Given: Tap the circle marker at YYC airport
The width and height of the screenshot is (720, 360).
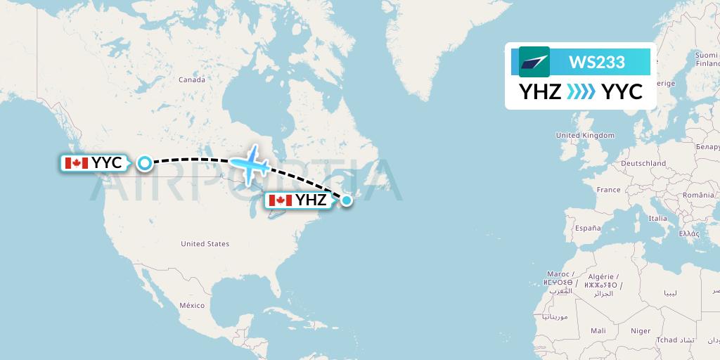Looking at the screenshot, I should pyautogui.click(x=144, y=163).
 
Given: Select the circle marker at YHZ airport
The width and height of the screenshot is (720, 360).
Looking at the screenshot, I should pyautogui.click(x=347, y=201).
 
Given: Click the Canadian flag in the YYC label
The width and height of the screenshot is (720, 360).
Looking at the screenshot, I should pyautogui.click(x=75, y=163).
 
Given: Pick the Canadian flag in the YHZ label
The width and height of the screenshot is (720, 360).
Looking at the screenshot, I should pyautogui.click(x=280, y=200).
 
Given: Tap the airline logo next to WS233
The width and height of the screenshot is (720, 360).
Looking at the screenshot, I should pyautogui.click(x=534, y=62).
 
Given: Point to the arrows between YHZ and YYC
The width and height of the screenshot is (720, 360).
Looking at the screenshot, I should pyautogui.click(x=581, y=91).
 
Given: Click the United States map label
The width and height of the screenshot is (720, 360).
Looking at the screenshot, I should pyautogui.click(x=205, y=244).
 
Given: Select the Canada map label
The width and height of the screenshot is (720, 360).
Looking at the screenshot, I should pyautogui.click(x=191, y=80).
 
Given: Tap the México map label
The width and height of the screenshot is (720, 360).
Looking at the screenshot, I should pyautogui.click(x=191, y=305).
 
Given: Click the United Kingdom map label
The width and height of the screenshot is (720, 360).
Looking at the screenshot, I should pyautogui.click(x=584, y=135).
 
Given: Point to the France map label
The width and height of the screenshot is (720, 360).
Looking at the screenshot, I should pyautogui.click(x=608, y=190).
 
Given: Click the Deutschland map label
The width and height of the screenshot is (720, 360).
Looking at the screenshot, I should pyautogui.click(x=643, y=163).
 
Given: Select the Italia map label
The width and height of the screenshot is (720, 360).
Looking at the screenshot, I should pyautogui.click(x=657, y=219).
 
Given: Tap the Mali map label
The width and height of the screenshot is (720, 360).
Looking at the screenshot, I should pyautogui.click(x=598, y=330).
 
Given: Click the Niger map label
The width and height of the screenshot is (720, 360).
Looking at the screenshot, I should pyautogui.click(x=641, y=330).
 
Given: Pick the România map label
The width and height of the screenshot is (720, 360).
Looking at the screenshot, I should pyautogui.click(x=701, y=193).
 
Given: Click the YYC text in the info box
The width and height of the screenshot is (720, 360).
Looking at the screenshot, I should pyautogui.click(x=622, y=91).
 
